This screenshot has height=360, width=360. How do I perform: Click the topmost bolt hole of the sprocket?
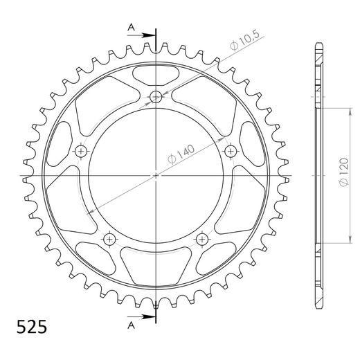(x=156, y=96)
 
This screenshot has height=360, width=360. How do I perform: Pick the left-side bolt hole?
(x=82, y=151)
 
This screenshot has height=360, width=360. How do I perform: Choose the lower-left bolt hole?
(x=109, y=239)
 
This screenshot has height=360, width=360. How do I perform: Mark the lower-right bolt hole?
(x=201, y=239)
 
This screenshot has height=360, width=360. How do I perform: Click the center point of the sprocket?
(x=156, y=176)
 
